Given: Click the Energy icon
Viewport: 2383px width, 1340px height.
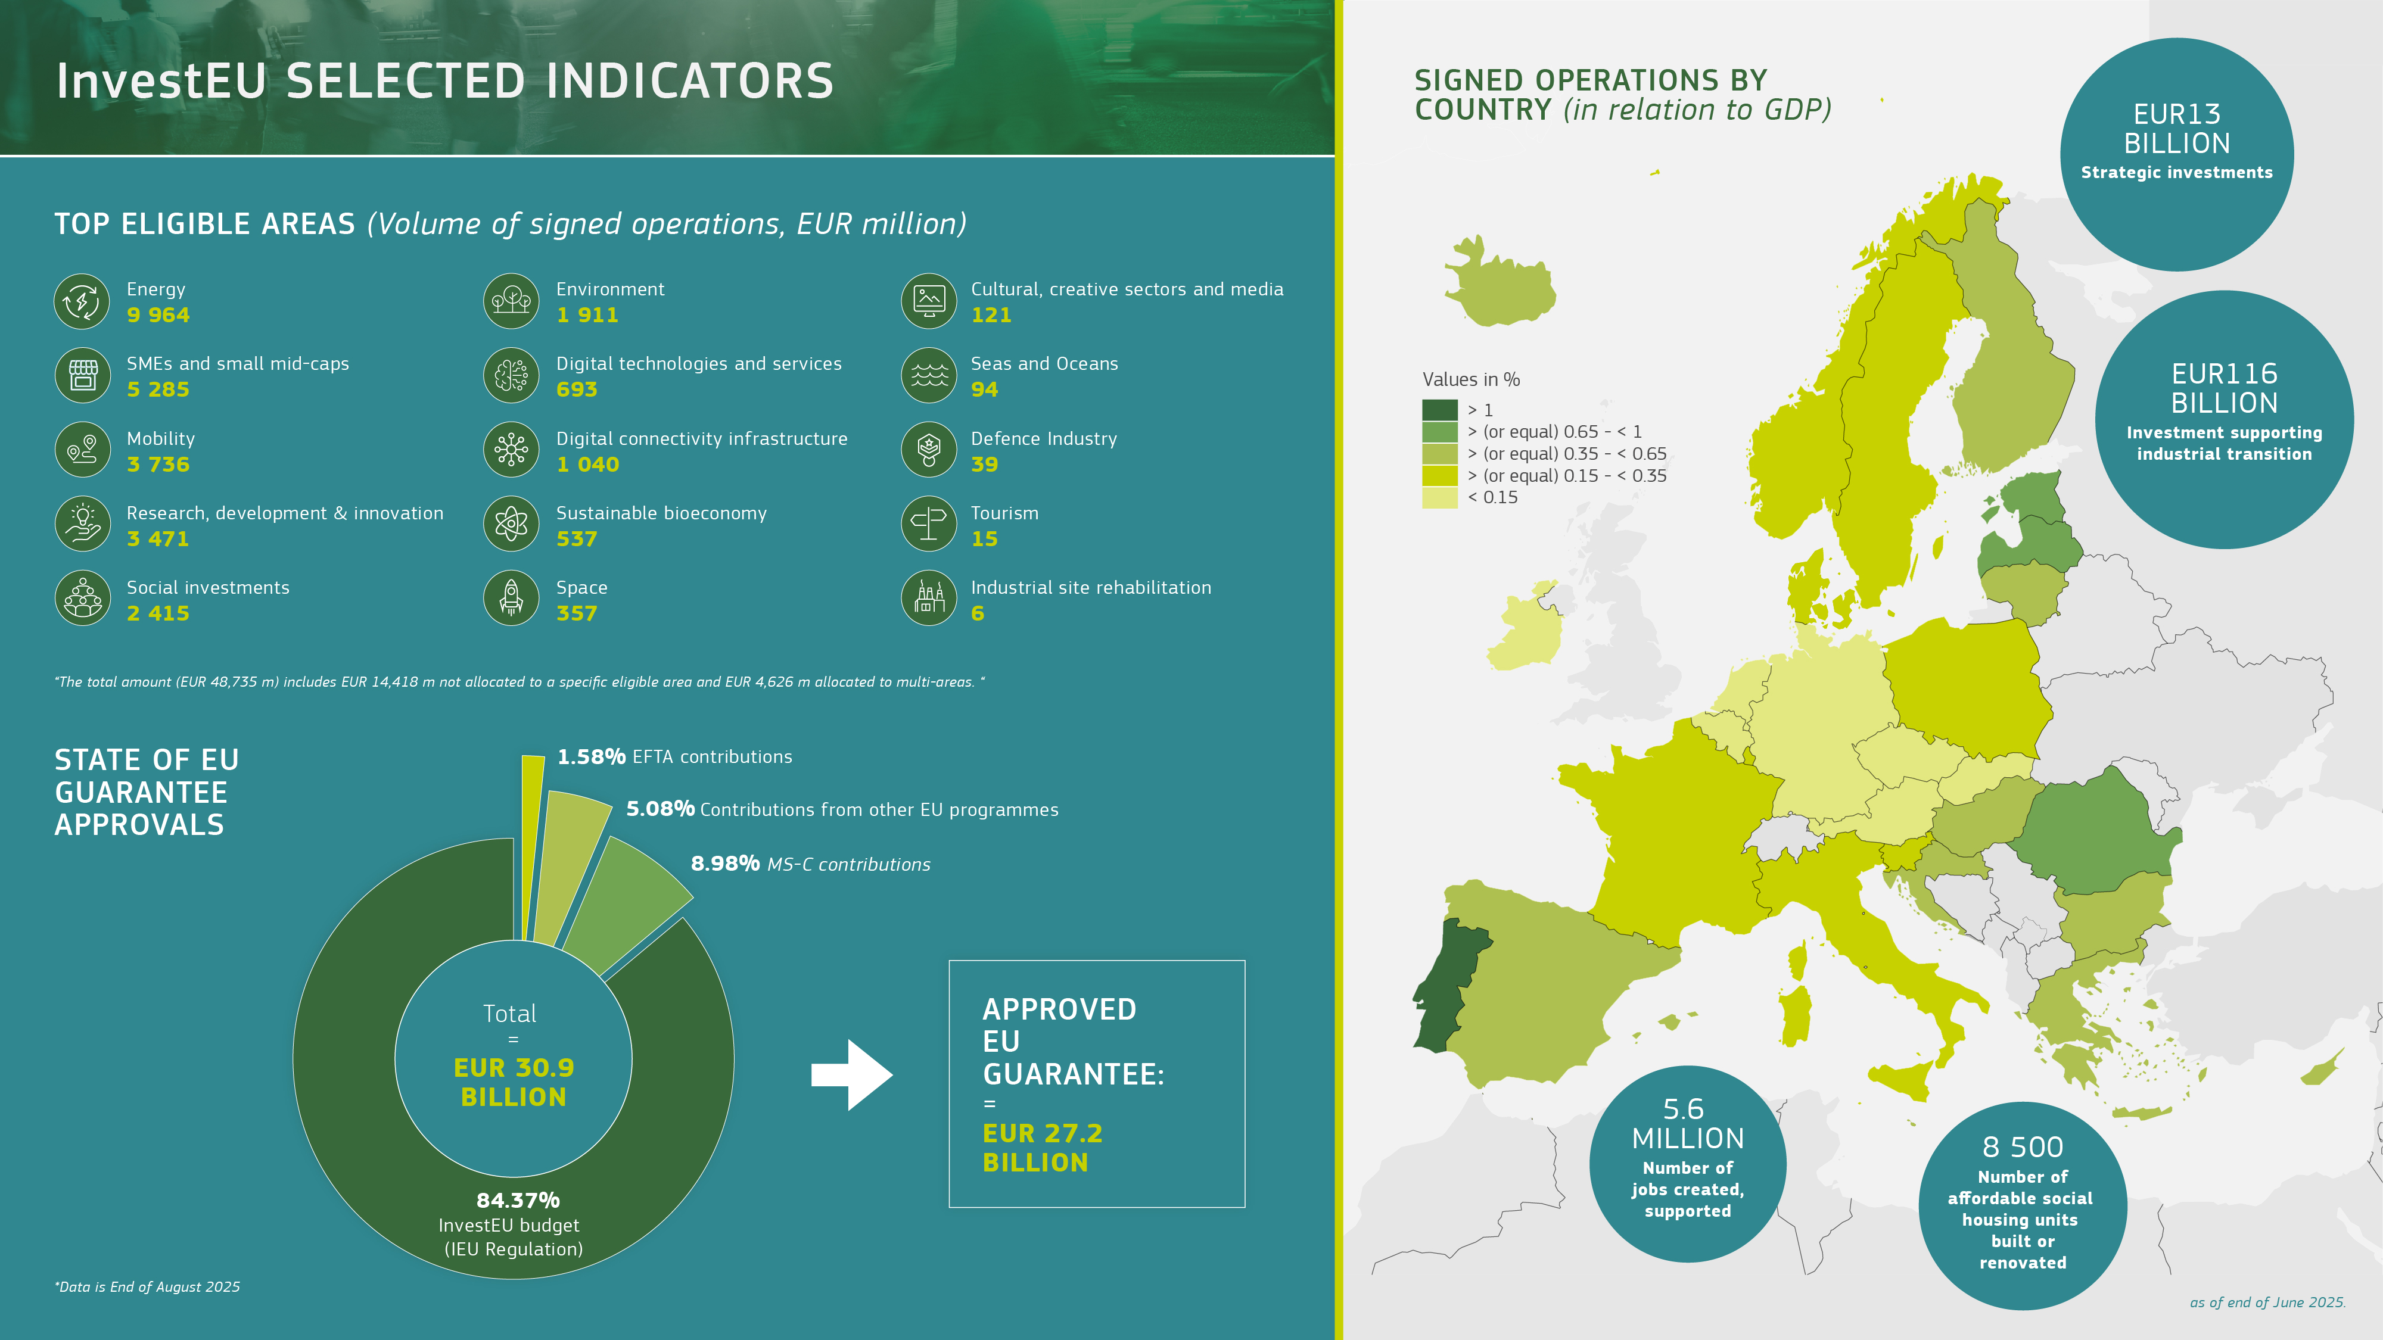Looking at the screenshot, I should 82,301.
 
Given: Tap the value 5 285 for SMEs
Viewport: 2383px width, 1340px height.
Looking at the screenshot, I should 158,389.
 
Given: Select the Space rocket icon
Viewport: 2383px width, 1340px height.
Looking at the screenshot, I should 511,597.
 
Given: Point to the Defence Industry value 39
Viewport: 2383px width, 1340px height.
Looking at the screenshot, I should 984,465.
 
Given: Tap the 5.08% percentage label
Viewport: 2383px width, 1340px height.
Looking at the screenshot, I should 659,809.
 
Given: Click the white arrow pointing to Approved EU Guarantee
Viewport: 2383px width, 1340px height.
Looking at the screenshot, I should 852,1074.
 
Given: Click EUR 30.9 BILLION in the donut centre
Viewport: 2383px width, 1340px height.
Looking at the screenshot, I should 514,1082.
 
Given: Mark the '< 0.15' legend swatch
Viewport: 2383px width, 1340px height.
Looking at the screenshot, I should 1439,497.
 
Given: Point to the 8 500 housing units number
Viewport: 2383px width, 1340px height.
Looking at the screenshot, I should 2022,1146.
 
